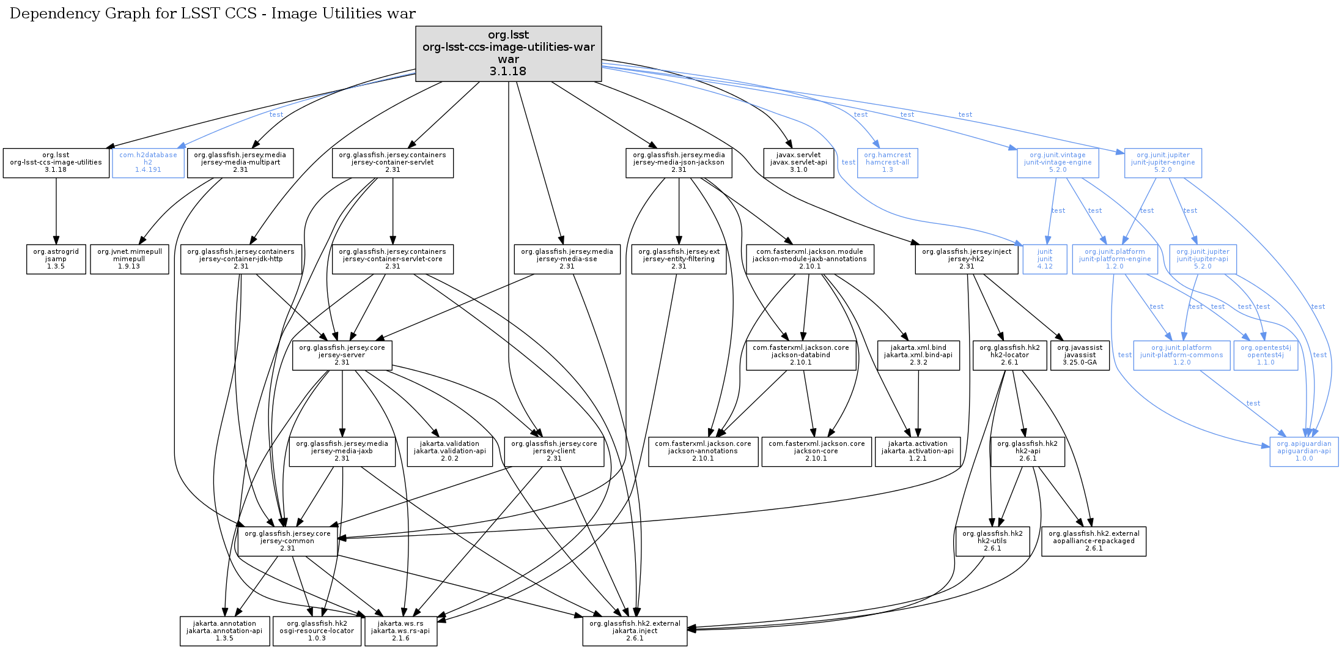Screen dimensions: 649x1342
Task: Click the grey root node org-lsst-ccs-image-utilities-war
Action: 508,53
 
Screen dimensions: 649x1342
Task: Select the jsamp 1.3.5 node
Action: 56,259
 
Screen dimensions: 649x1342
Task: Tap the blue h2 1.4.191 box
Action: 148,163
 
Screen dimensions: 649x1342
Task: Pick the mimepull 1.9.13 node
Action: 129,259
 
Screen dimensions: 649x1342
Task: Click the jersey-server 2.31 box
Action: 342,355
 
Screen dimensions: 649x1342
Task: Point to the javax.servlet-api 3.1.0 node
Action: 798,163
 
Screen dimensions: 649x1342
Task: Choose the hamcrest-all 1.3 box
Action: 887,163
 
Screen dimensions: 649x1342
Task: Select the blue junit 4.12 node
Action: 1045,259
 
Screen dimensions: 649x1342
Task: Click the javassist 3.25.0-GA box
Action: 1079,355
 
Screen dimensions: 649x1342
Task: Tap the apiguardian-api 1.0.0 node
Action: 1303,451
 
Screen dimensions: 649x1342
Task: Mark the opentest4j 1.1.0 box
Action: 1265,355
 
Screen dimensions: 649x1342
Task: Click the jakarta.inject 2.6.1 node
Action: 635,631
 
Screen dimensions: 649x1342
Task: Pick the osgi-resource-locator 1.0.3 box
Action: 317,631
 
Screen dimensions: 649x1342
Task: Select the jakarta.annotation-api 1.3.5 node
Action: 224,631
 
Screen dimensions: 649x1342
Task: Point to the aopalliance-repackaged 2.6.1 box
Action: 1093,541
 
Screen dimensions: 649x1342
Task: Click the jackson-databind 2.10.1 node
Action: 800,355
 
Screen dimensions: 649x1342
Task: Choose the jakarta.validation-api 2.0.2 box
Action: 449,451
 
